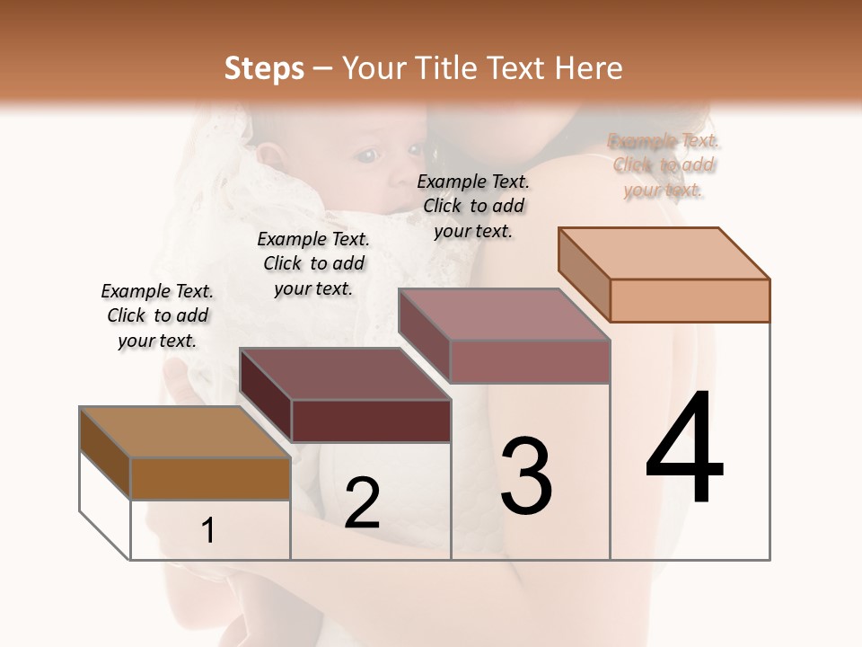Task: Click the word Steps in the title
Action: tap(264, 68)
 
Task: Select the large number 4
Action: tap(684, 449)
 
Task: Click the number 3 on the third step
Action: tap(526, 476)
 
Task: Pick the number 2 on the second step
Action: tap(362, 504)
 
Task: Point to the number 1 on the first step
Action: tap(208, 531)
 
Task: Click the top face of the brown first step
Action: tap(184, 432)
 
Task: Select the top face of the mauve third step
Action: tap(504, 314)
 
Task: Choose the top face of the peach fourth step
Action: tap(664, 253)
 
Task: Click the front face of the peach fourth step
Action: tap(690, 300)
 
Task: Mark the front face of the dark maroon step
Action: tap(371, 421)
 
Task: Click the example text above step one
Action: tap(157, 315)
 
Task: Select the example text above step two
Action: tap(313, 263)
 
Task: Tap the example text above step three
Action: tap(473, 206)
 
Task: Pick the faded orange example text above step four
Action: tap(664, 165)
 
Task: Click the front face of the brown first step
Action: tap(210, 479)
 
